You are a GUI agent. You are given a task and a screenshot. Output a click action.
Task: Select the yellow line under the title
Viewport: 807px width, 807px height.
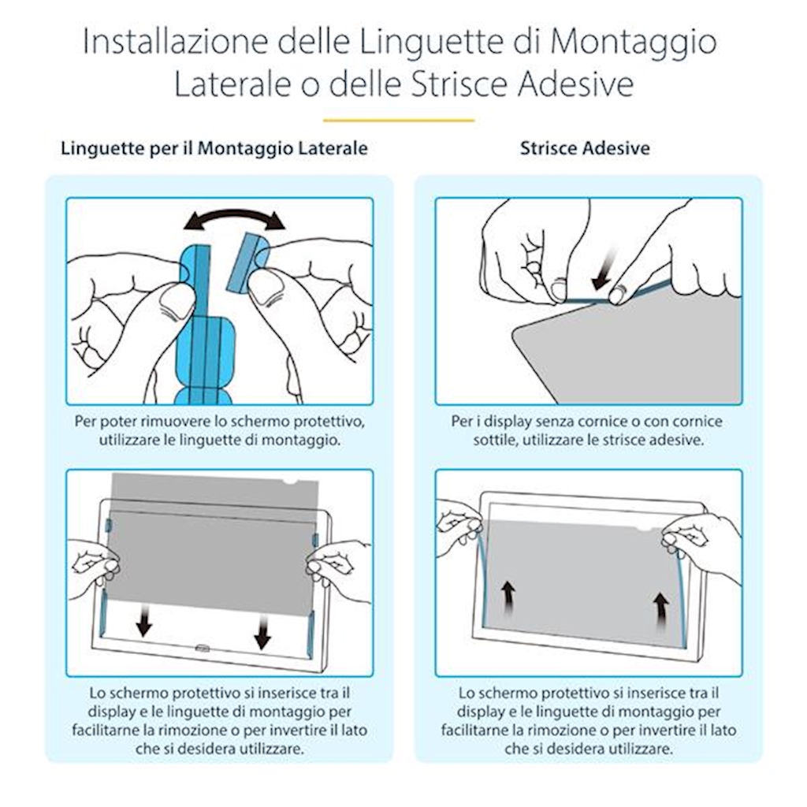[x=399, y=121]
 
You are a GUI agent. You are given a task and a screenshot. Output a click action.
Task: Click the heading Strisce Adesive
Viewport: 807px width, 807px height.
[x=585, y=148]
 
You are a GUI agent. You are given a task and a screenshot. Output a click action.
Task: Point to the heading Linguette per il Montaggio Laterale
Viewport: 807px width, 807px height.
[x=214, y=149]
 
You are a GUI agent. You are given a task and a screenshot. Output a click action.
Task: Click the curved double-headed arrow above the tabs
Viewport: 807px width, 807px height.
[x=234, y=218]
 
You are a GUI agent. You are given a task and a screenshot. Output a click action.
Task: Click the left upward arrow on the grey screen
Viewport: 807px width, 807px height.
[x=508, y=597]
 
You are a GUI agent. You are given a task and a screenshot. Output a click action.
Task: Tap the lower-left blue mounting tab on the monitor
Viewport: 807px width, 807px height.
[x=102, y=614]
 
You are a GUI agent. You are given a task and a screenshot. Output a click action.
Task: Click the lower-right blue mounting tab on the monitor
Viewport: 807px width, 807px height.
[x=311, y=634]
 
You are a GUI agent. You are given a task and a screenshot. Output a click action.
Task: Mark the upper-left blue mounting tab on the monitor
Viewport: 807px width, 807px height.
[x=109, y=525]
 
